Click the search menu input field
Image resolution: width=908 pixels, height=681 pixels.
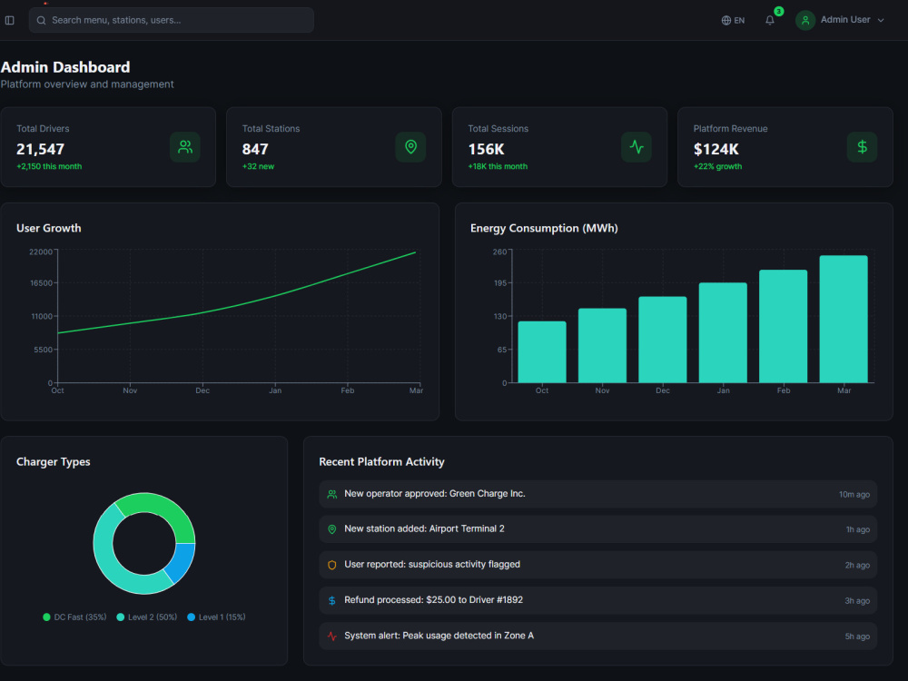tap(172, 20)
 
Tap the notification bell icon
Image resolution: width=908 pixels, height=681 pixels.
tap(770, 20)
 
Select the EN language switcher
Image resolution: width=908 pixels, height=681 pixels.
tap(733, 20)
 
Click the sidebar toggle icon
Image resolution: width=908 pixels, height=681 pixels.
tap(10, 20)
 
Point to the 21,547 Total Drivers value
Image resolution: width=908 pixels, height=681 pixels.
tap(40, 150)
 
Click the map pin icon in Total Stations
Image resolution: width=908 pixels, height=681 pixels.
tap(410, 147)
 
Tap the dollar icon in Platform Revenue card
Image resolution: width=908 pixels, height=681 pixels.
tap(862, 147)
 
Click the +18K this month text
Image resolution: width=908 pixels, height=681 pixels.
tap(498, 166)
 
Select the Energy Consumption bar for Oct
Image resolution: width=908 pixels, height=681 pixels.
tap(542, 352)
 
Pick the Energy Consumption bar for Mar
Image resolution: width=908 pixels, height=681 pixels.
tap(844, 319)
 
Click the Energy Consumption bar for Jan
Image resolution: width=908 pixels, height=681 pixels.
tap(723, 333)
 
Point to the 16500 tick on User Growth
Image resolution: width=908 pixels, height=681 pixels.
tap(42, 283)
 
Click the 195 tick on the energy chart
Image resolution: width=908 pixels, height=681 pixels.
tap(500, 283)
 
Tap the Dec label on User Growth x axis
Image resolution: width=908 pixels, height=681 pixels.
tap(202, 390)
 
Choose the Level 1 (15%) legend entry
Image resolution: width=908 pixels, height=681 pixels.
tap(217, 617)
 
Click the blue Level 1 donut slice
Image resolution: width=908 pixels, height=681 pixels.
tap(181, 562)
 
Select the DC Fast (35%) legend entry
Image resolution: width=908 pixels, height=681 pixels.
tap(74, 617)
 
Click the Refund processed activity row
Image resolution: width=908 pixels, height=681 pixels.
tap(598, 600)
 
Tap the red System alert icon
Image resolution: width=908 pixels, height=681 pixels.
tap(331, 636)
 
